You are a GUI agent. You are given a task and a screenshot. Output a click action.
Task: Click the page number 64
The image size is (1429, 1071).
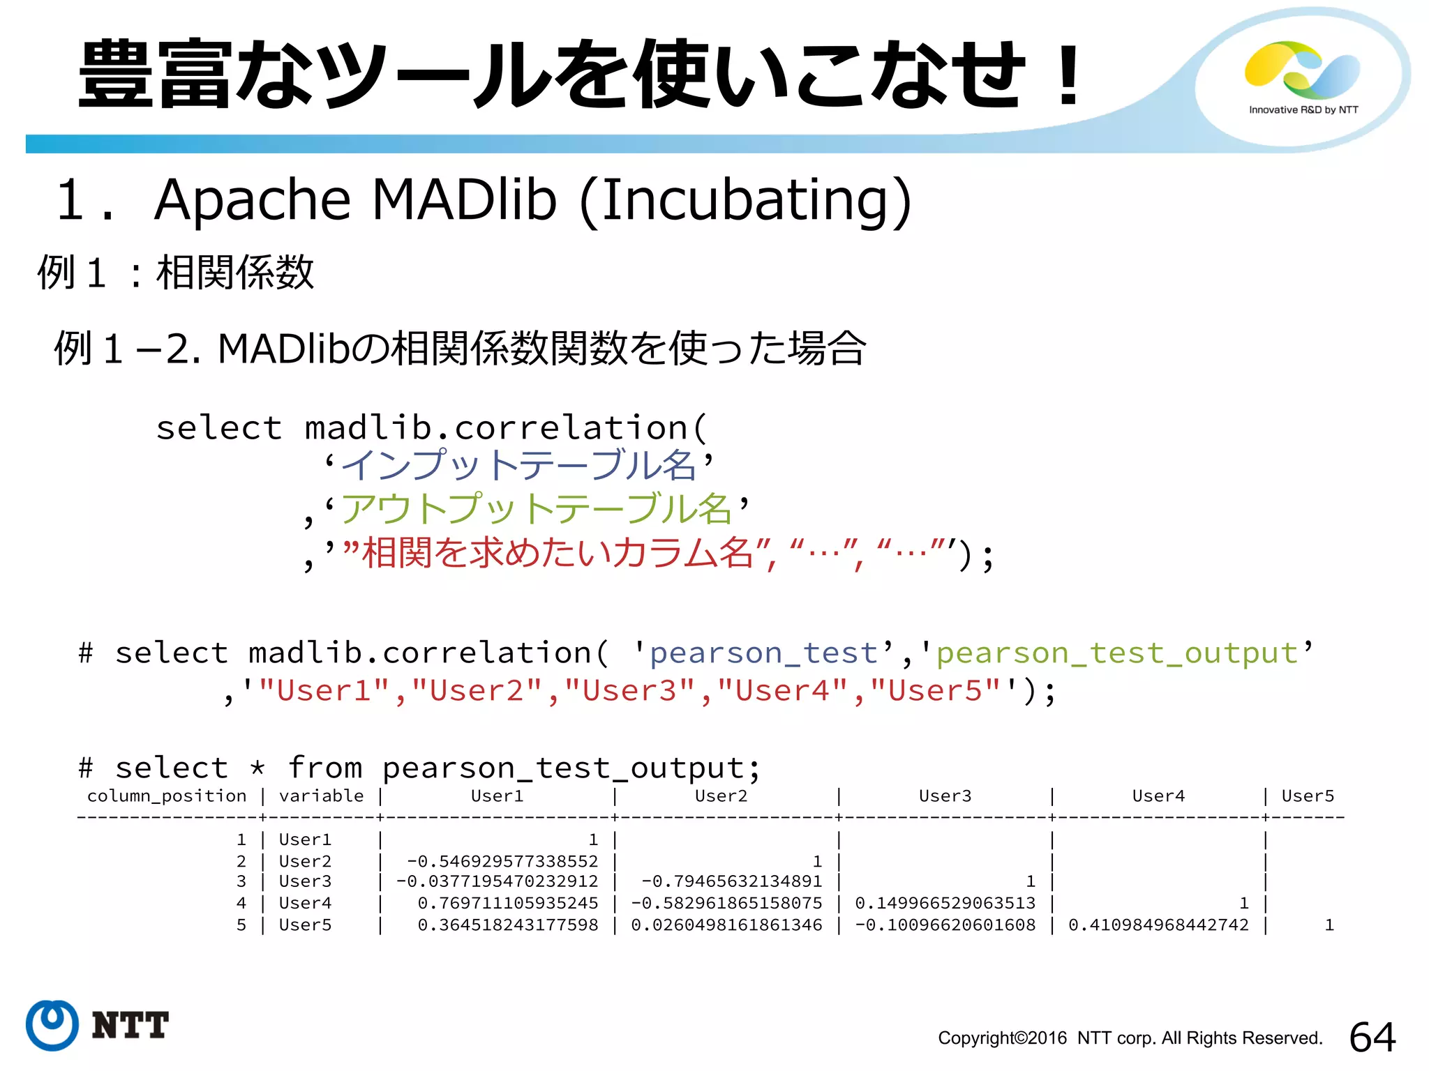(1372, 1037)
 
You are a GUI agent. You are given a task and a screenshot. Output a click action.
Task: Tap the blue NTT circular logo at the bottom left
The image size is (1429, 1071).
(52, 1025)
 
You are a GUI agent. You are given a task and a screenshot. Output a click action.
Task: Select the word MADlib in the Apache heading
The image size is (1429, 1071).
(464, 200)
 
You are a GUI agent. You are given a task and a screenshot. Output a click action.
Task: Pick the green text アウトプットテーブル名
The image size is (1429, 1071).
(536, 509)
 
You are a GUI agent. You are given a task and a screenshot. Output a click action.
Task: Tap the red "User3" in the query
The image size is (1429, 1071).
(630, 691)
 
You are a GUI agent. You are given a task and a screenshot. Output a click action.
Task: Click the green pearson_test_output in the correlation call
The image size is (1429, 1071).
(1116, 653)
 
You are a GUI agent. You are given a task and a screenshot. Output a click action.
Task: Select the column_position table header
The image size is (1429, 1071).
(167, 796)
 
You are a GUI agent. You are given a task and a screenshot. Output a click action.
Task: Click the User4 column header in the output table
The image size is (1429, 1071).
(1158, 796)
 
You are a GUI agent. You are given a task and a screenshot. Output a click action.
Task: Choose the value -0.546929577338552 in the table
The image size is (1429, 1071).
(502, 861)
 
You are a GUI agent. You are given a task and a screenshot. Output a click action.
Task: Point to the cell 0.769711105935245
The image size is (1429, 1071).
(508, 904)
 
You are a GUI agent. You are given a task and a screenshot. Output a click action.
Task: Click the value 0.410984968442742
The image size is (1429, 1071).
(1158, 925)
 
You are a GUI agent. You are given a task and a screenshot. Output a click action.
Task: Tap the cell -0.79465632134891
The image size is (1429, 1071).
(731, 882)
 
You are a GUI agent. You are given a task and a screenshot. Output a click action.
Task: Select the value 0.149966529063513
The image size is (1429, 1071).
(945, 904)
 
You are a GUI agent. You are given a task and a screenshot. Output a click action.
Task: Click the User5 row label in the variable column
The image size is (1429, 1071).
(305, 925)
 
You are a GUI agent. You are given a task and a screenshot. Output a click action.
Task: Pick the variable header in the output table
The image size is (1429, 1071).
(321, 796)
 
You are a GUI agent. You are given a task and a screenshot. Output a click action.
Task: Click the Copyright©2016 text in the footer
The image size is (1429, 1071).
(1002, 1038)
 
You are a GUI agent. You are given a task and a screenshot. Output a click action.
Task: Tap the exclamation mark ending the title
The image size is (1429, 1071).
(1068, 75)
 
